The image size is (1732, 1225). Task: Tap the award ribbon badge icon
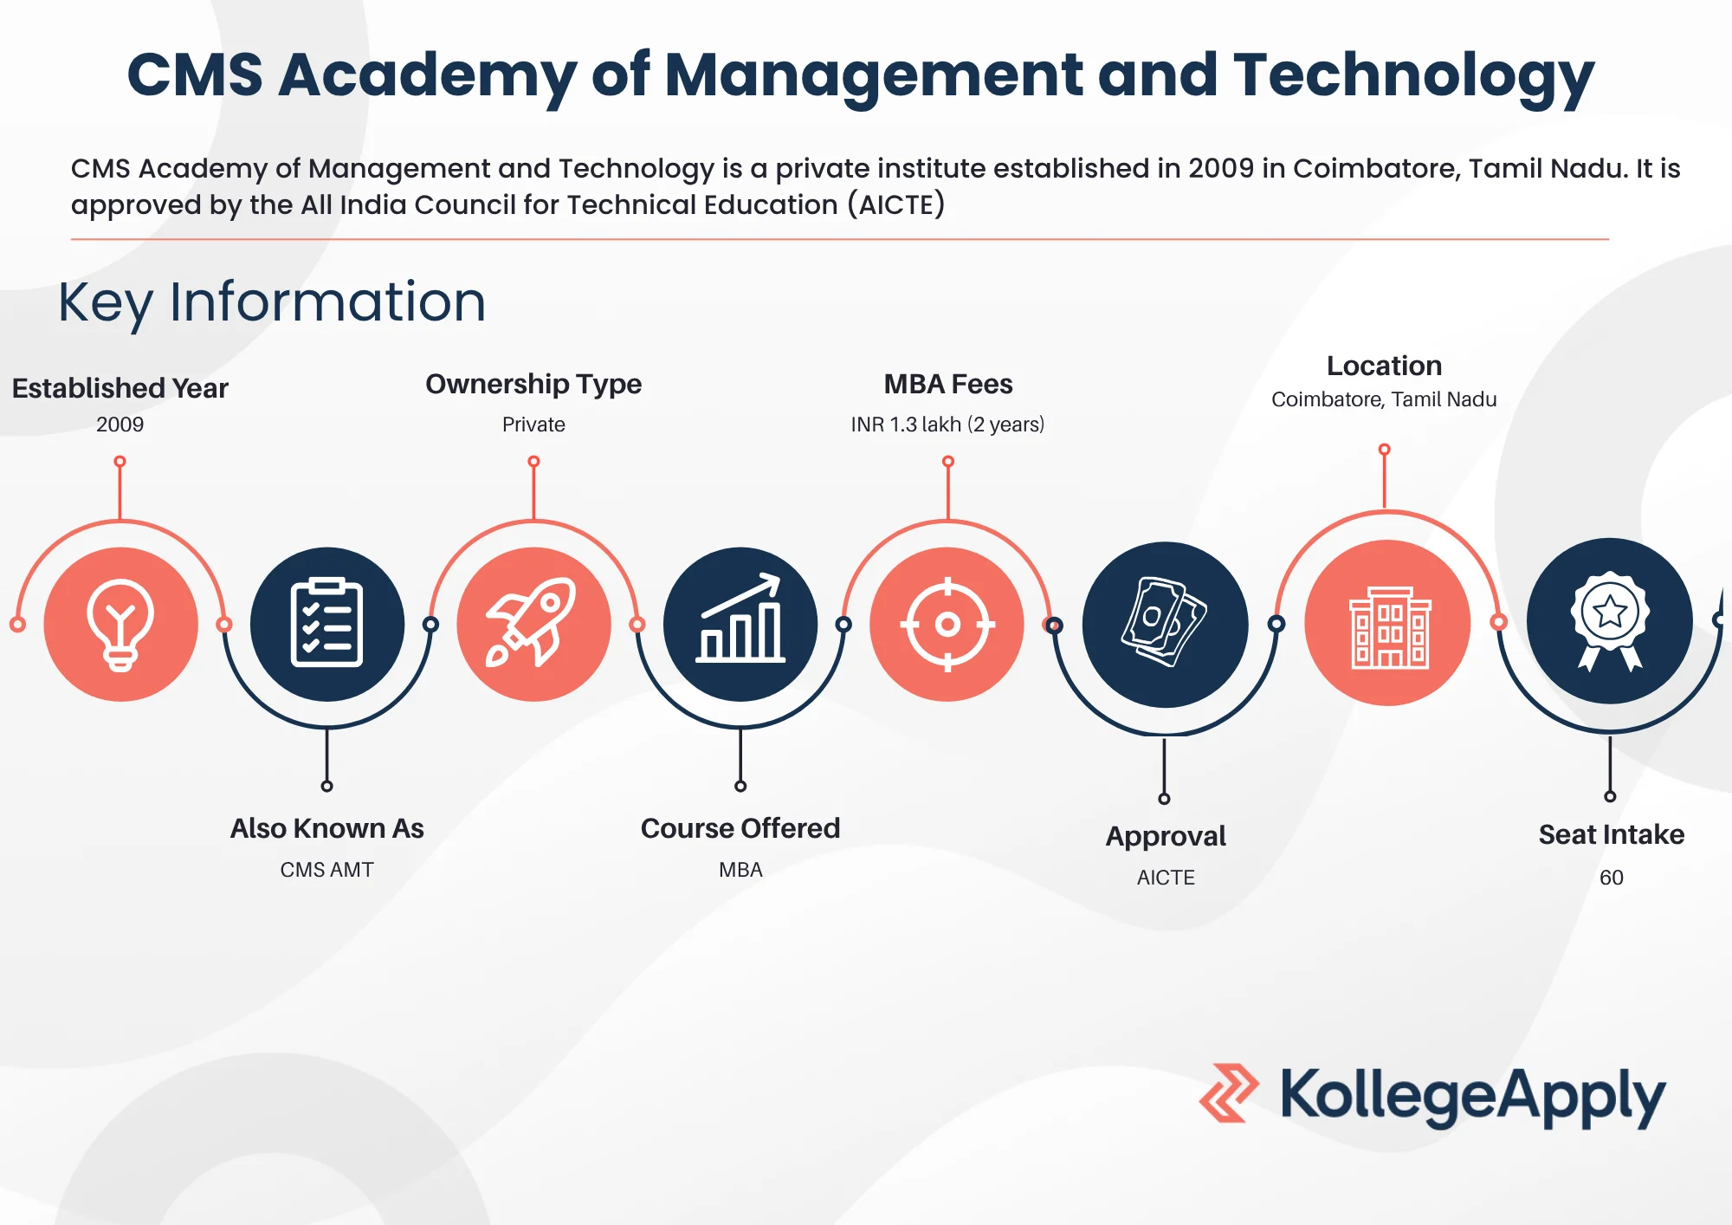coord(1610,621)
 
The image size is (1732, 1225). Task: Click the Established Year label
coord(120,388)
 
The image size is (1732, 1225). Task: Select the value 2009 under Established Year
coord(120,425)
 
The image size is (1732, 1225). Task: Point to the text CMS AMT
coord(326,870)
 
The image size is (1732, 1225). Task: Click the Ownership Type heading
coord(533,384)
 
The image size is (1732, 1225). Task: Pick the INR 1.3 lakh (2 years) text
coord(947,425)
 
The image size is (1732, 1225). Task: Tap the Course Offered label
coord(740,828)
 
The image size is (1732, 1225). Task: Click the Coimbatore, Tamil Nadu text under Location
coord(1384,399)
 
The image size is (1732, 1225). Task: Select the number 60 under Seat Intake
coord(1611,878)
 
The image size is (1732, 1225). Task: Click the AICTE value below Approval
coord(1166,878)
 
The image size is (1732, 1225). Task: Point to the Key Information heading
coord(272,302)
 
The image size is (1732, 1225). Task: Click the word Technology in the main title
coord(1413,75)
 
